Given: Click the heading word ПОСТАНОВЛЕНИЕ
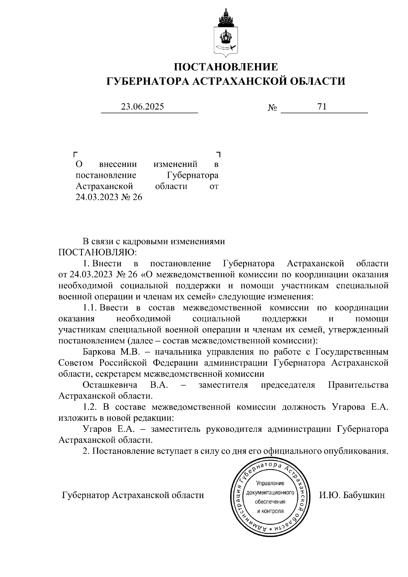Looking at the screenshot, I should click(x=226, y=67).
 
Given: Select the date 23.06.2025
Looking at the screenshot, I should click(x=143, y=107).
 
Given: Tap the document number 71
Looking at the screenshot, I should click(x=322, y=107).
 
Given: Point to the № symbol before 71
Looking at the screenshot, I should click(x=272, y=108).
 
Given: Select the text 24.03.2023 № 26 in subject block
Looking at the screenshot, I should click(x=109, y=197).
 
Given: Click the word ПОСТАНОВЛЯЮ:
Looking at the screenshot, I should click(x=98, y=253).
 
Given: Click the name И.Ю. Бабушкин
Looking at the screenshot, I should click(x=352, y=495).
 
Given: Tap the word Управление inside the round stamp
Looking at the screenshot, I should click(x=270, y=483).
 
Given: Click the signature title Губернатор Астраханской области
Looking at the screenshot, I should click(x=133, y=495).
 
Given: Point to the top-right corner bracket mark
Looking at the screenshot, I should click(x=219, y=154).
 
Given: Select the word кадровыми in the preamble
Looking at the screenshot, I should click(x=146, y=241).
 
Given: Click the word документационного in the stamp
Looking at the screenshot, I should click(x=270, y=492).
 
